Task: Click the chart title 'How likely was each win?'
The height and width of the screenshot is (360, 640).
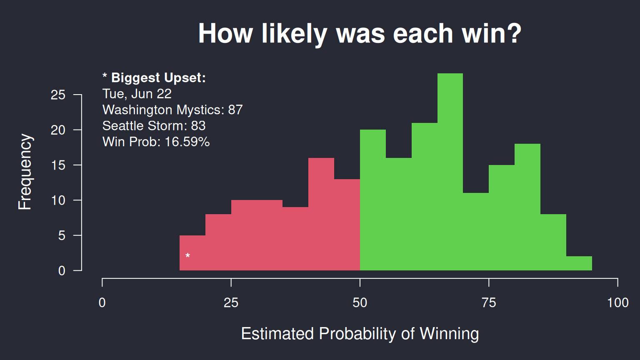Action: point(360,34)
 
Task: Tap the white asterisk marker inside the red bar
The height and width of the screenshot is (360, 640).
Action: point(187,255)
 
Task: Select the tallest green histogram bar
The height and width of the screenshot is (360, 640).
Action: point(450,172)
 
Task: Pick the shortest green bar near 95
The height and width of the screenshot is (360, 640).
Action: point(579,263)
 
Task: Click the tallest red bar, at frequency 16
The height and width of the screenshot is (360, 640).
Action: point(321,214)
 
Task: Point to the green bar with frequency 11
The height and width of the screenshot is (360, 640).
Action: point(476,232)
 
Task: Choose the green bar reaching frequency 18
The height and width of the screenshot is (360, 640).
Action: point(527,207)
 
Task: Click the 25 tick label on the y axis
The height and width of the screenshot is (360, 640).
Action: point(58,95)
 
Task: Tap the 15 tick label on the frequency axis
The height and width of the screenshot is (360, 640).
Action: point(58,165)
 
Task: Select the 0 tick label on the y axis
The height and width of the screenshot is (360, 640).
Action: point(62,270)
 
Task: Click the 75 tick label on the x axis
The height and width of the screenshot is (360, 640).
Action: point(489,302)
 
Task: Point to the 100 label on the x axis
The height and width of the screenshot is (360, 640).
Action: point(618,302)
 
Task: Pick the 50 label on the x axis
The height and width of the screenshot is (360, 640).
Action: point(360,302)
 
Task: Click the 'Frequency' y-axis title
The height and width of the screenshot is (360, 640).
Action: point(25,172)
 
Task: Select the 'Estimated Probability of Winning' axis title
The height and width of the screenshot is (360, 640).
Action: point(360,334)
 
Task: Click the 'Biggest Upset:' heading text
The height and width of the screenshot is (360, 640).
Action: point(159,78)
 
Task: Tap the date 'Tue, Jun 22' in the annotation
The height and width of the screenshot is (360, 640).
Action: point(137,94)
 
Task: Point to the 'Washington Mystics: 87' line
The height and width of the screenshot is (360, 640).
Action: point(172,110)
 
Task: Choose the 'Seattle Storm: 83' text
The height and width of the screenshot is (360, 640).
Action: point(154,126)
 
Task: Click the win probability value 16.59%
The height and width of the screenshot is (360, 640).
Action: point(187,142)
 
